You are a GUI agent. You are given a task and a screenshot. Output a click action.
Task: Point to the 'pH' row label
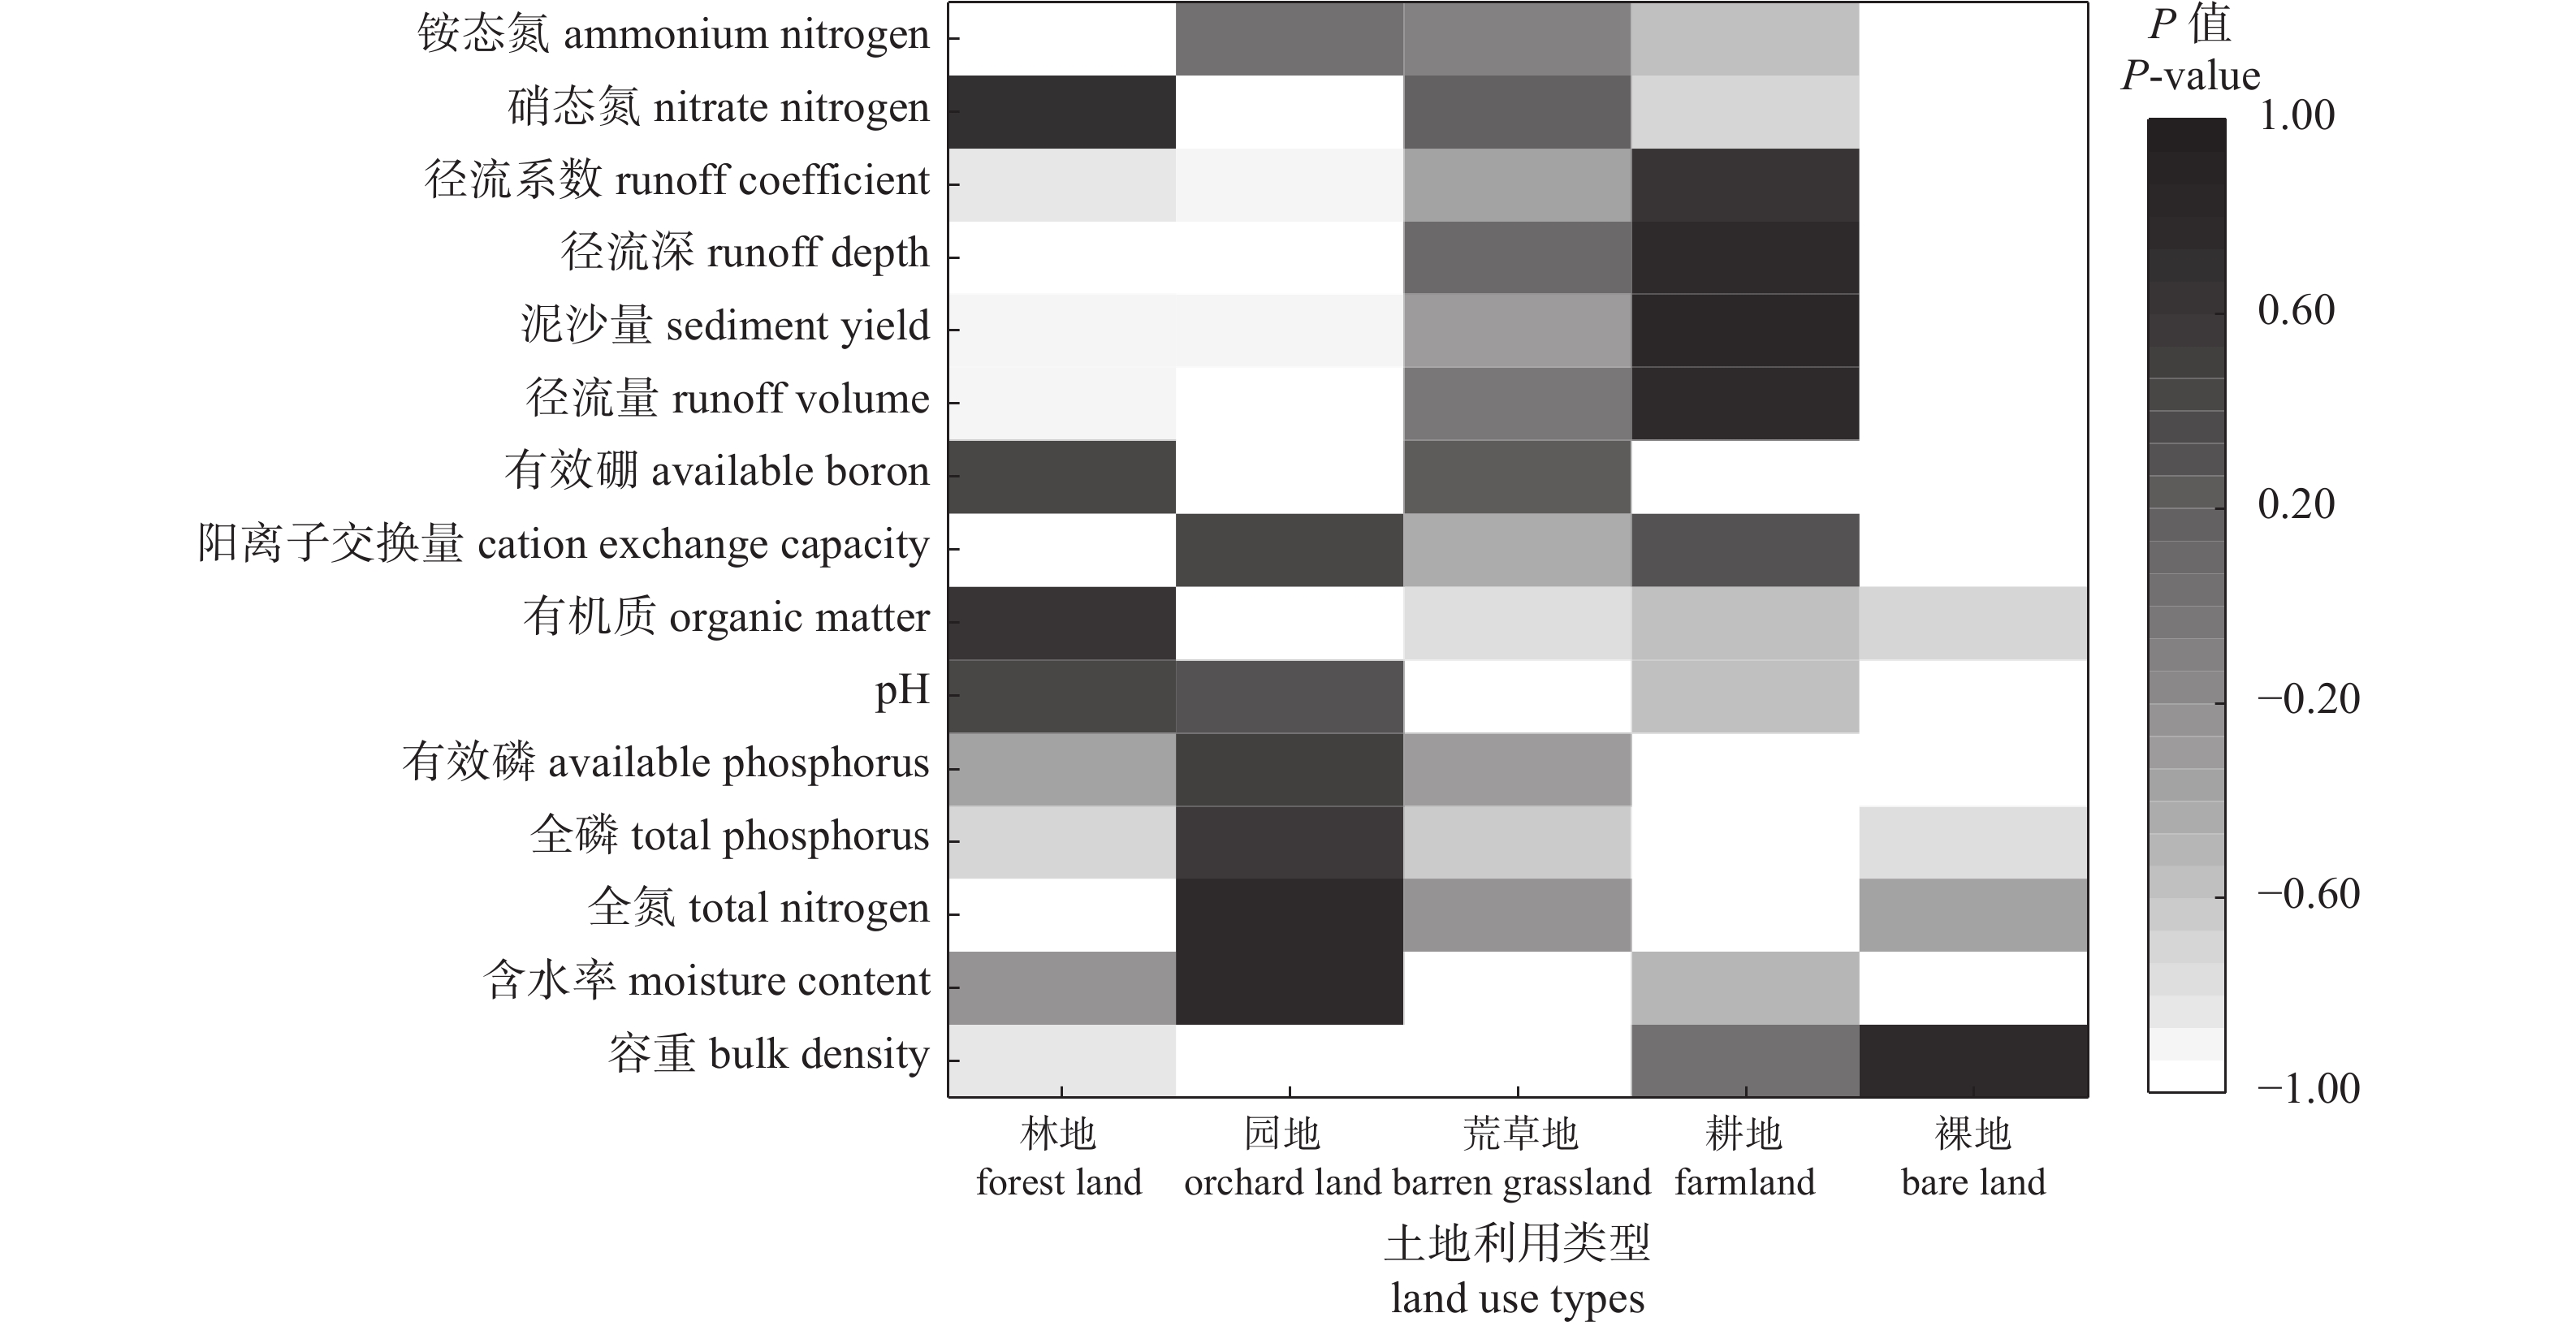pyautogui.click(x=901, y=689)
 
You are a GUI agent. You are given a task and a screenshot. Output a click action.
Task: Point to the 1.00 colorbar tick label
pyautogui.click(x=2296, y=116)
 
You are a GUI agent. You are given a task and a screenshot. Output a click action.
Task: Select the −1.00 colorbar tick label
pyautogui.click(x=2308, y=1089)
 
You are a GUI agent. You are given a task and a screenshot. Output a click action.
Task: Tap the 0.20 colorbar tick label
pyautogui.click(x=2296, y=504)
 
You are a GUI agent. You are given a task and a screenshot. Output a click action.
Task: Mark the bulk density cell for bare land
pyautogui.click(x=1973, y=1060)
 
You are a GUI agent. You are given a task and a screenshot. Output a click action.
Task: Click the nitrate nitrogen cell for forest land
pyautogui.click(x=1061, y=111)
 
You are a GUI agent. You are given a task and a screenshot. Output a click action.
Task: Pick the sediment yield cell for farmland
pyautogui.click(x=1745, y=330)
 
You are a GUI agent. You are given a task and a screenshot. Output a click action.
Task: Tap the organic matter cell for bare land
pyautogui.click(x=1973, y=623)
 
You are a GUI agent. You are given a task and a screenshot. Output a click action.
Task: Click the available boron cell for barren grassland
pyautogui.click(x=1517, y=476)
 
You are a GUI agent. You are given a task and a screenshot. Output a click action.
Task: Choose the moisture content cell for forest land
pyautogui.click(x=1061, y=987)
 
